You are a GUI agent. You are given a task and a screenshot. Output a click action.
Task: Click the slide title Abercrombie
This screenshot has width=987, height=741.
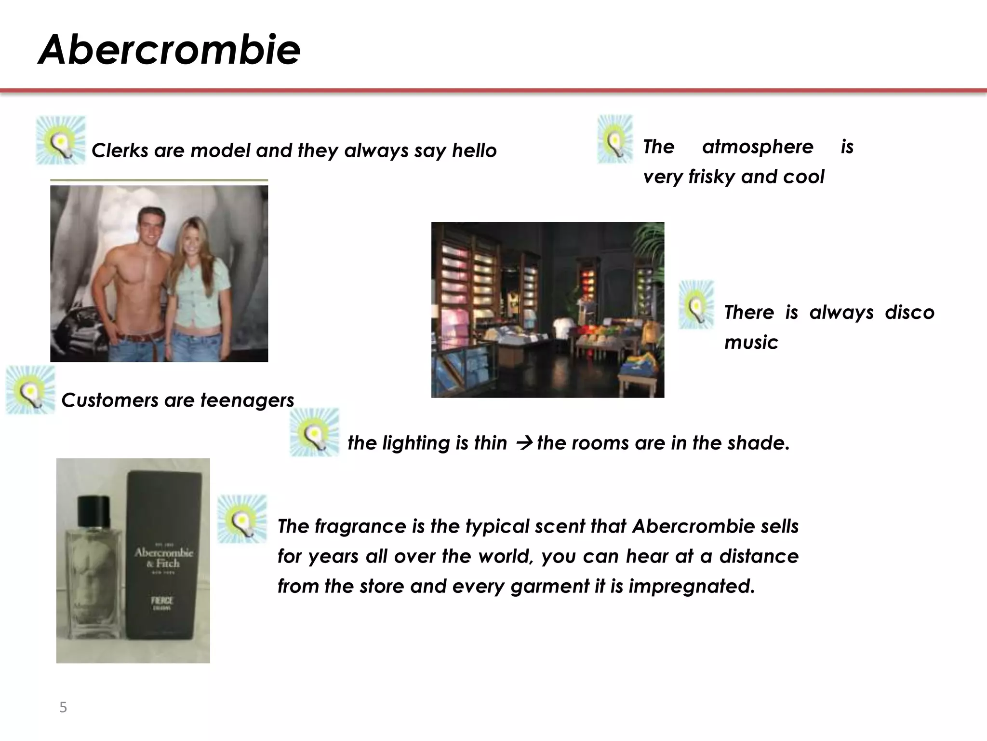point(169,50)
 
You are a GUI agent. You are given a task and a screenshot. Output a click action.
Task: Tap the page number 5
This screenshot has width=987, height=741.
point(63,707)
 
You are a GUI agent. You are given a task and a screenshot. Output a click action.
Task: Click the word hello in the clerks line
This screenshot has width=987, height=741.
point(474,151)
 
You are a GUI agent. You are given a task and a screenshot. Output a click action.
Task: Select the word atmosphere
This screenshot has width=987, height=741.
point(758,147)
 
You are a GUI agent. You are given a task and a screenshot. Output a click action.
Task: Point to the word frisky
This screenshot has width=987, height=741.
point(711,177)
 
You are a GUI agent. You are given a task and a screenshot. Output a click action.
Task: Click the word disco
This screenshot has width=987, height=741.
point(909,313)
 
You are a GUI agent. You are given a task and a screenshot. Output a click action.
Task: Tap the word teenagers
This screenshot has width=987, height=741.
point(247,400)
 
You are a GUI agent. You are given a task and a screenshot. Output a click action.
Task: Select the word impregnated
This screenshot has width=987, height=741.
point(692,586)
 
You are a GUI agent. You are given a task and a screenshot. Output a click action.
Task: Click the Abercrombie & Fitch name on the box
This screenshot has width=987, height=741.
point(163,558)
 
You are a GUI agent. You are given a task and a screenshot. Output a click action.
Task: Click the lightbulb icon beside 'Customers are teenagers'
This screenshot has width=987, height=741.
point(30,390)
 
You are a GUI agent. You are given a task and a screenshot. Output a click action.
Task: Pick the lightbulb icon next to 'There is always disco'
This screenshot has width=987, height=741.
point(696,305)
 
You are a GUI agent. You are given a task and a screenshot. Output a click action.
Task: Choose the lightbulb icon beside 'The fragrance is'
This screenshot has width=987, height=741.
point(242,519)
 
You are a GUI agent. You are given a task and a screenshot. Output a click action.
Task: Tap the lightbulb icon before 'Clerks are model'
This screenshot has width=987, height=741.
point(61,140)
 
